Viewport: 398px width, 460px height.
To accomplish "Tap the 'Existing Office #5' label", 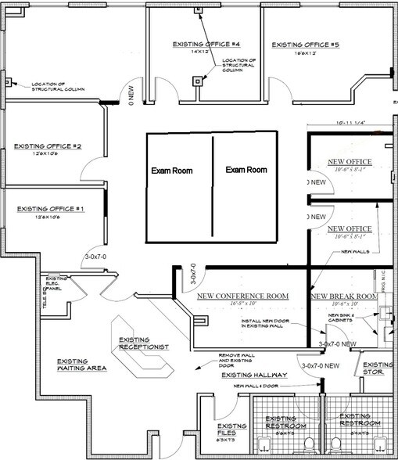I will (305, 45).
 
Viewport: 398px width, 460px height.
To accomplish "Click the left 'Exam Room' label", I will (171, 171).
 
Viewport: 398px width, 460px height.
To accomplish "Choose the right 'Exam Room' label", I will (246, 170).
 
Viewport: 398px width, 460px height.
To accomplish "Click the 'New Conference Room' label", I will (242, 296).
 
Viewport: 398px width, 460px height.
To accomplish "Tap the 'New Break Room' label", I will (344, 296).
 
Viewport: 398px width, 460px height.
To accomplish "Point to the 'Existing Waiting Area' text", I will (82, 365).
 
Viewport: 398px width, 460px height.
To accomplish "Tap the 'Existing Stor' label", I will (378, 368).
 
